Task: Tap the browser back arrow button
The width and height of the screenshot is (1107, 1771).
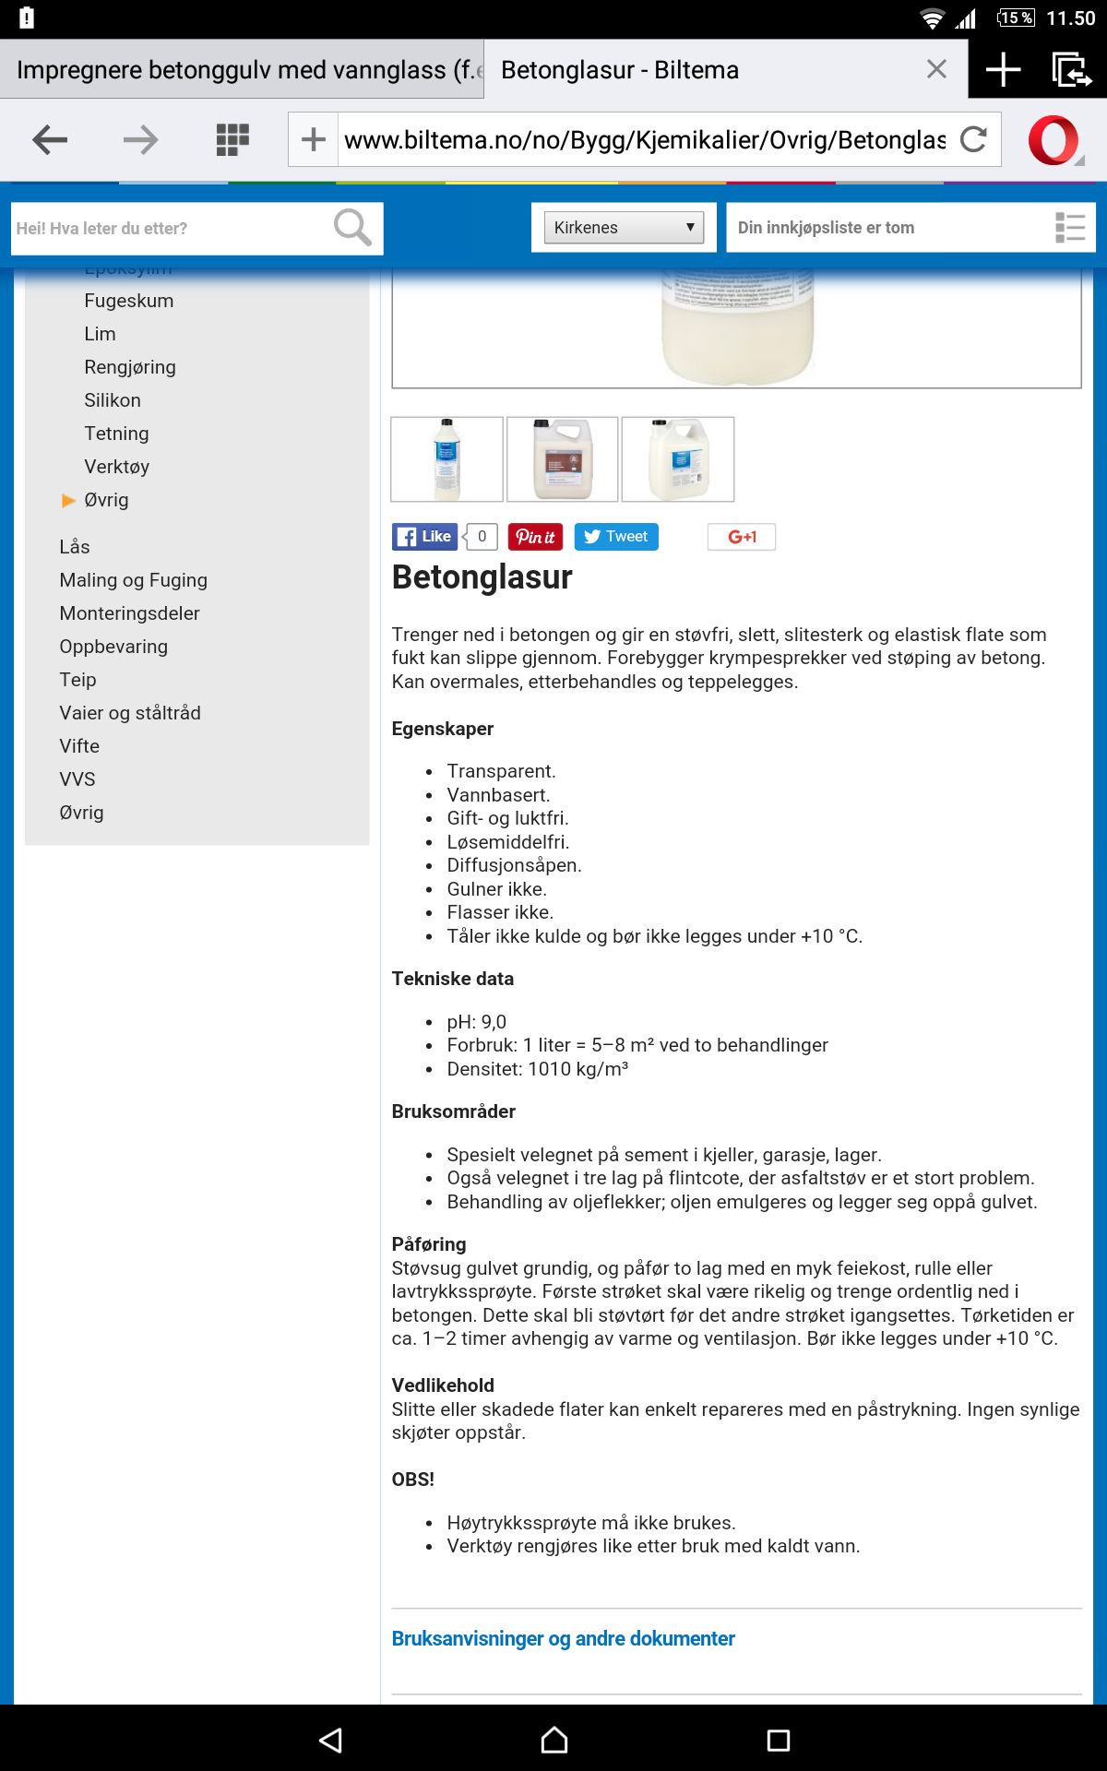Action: tap(50, 140)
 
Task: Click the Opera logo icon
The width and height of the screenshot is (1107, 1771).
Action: tap(1053, 140)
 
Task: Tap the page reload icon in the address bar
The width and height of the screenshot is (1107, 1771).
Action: tap(973, 140)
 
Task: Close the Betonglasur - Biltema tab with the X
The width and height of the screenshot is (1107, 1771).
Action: tap(936, 69)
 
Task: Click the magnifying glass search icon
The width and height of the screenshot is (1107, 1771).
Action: tap(351, 228)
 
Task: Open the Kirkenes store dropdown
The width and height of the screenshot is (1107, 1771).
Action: tap(624, 228)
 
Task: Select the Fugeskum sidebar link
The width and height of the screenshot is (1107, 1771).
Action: tap(128, 301)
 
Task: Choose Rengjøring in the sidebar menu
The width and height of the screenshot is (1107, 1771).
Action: tap(129, 367)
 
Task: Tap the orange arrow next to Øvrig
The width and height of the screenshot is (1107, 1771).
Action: tap(68, 500)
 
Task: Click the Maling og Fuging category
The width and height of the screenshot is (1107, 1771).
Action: tap(133, 580)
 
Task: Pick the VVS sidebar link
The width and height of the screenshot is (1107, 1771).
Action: tap(77, 779)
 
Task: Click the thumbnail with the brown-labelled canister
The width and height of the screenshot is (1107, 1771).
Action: tap(563, 459)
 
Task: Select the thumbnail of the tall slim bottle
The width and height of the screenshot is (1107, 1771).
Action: tap(447, 459)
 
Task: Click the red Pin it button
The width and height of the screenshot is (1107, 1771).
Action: tap(535, 537)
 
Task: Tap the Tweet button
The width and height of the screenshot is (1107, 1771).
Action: tap(616, 537)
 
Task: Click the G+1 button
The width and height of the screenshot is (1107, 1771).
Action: tap(742, 537)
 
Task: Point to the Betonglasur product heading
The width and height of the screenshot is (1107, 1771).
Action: tap(482, 577)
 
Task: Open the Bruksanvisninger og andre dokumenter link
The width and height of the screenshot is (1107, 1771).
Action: tap(563, 1639)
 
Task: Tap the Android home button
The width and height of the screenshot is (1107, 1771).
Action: tap(553, 1740)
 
